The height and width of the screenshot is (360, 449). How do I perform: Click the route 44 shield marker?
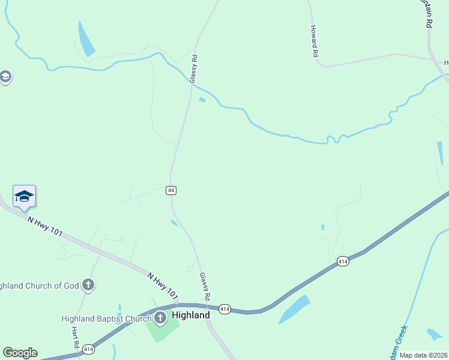[x=171, y=190]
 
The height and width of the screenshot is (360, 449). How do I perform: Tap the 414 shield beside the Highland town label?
[x=224, y=309]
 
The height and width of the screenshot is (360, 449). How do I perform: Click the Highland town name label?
[x=191, y=315]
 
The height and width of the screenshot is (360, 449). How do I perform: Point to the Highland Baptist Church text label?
[x=106, y=319]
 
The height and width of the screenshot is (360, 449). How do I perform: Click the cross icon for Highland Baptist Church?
[x=160, y=318]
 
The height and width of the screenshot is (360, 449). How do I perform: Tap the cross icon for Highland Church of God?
[x=88, y=285]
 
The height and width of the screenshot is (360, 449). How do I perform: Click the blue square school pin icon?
[x=24, y=197]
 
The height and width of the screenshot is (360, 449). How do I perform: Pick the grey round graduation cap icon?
[x=5, y=77]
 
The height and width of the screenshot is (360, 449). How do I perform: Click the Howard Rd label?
[x=314, y=41]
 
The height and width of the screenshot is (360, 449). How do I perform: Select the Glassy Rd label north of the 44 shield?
[x=193, y=69]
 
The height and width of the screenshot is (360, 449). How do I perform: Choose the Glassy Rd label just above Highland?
[x=205, y=286]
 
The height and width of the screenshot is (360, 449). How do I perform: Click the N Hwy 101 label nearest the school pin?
[x=44, y=226]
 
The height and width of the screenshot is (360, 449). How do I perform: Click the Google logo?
[x=20, y=353]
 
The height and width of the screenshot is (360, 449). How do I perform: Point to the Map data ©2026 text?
[x=423, y=355]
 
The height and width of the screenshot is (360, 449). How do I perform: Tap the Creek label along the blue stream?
[x=398, y=341]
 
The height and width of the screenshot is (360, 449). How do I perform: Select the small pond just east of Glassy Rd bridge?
[x=202, y=100]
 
